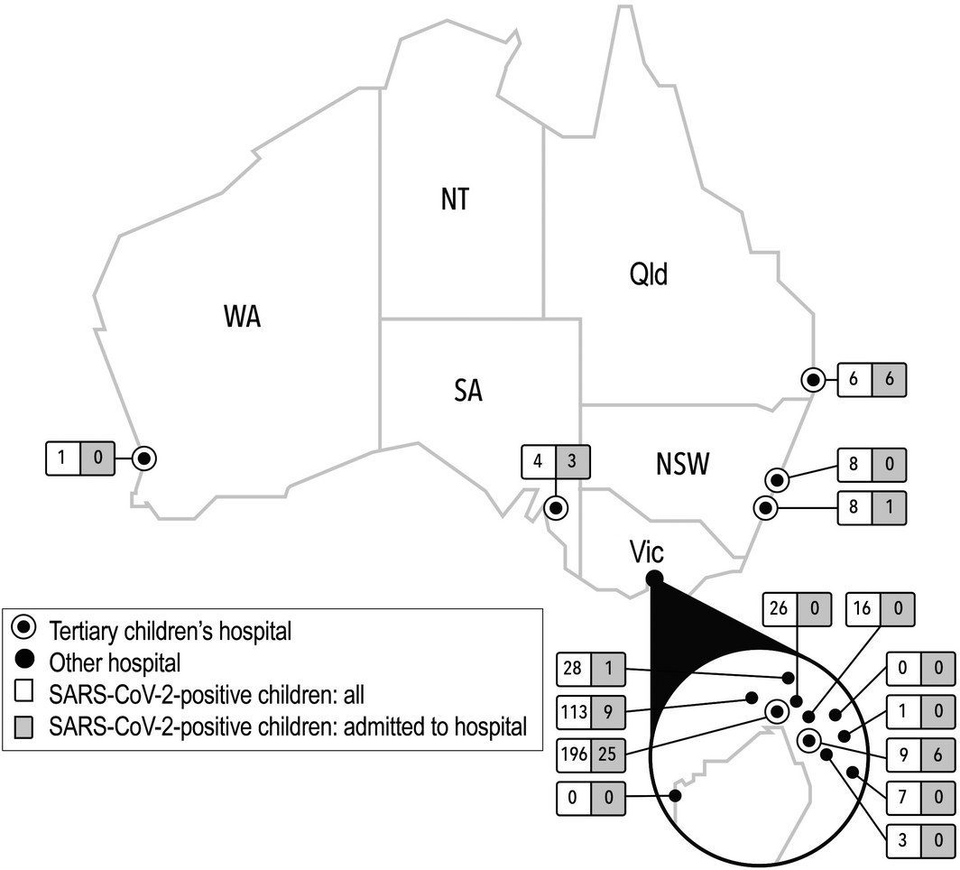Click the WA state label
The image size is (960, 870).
(x=242, y=318)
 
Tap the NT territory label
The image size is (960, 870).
(x=455, y=199)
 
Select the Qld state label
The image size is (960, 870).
(x=648, y=273)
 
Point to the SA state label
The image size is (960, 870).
(x=466, y=391)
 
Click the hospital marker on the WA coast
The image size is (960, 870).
(x=144, y=458)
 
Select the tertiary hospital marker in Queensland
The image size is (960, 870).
(x=814, y=380)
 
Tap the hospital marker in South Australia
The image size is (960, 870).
(x=557, y=508)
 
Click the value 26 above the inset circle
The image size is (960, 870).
(x=780, y=609)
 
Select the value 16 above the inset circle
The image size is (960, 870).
(x=863, y=609)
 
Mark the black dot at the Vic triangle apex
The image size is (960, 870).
(x=655, y=578)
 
